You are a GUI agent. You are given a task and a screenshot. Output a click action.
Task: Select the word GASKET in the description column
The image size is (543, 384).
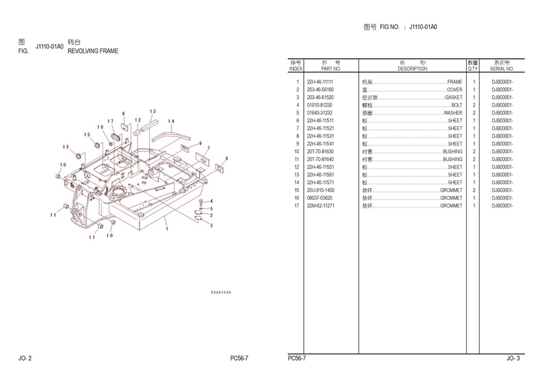pyautogui.click(x=453, y=98)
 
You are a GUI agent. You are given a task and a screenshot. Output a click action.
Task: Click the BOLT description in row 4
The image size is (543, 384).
pyautogui.click(x=456, y=105)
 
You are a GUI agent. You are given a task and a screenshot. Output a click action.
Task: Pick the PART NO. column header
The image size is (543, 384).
pyautogui.click(x=330, y=69)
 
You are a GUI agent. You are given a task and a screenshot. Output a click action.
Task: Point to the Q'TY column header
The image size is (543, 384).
pyautogui.click(x=473, y=69)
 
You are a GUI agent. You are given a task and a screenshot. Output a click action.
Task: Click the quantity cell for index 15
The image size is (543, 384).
pyautogui.click(x=474, y=191)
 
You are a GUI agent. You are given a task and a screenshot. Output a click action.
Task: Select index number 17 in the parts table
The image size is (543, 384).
pyautogui.click(x=297, y=206)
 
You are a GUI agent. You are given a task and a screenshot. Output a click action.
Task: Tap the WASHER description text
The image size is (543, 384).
pyautogui.click(x=452, y=113)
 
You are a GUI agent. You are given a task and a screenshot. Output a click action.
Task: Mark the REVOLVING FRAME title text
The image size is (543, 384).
pyautogui.click(x=93, y=51)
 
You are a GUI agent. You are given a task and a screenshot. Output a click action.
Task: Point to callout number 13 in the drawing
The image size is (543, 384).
pyautogui.click(x=153, y=112)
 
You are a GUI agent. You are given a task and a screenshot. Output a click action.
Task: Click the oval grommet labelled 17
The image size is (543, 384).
pyautogui.click(x=118, y=136)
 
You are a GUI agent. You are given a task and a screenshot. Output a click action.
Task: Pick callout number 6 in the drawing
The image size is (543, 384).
pyautogui.click(x=226, y=158)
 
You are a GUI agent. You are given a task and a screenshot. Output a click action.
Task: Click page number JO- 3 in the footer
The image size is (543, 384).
pyautogui.click(x=512, y=357)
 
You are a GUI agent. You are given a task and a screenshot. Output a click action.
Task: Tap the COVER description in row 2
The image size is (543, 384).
pyautogui.click(x=454, y=90)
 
